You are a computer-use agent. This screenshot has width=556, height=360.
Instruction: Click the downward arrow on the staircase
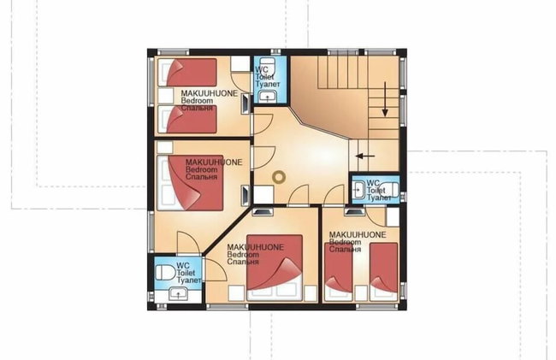[x=385, y=99]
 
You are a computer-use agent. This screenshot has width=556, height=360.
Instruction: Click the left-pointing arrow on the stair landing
[x=365, y=156]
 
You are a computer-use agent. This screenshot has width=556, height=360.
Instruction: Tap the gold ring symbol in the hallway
[x=279, y=177]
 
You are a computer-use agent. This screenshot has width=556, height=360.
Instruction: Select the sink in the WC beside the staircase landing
[x=359, y=191]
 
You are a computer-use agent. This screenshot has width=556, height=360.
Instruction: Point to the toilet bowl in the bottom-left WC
[x=165, y=273]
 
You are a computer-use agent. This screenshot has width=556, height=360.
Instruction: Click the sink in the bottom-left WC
[x=178, y=294]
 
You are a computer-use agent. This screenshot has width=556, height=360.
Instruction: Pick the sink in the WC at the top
[x=267, y=96]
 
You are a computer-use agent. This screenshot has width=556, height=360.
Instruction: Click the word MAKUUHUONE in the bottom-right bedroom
[x=358, y=234]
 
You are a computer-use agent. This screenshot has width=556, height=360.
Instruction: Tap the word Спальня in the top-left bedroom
[x=197, y=108]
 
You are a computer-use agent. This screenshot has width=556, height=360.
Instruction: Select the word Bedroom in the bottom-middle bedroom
[x=243, y=255]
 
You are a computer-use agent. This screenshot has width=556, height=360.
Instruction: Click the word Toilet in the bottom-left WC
[x=186, y=273]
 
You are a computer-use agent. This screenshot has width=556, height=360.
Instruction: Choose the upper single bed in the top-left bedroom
[x=187, y=73]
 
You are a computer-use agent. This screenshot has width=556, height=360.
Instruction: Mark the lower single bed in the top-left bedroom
[x=187, y=119]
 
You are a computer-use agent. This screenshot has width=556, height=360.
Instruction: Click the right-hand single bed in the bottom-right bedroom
[x=384, y=272]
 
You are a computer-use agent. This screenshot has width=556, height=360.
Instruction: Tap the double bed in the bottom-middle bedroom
[x=275, y=268]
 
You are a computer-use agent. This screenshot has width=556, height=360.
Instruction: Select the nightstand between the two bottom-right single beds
[x=361, y=293]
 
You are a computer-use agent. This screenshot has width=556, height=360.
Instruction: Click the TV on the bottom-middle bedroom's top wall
[x=263, y=212]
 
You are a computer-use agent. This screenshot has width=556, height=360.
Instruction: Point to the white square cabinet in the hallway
[x=263, y=194]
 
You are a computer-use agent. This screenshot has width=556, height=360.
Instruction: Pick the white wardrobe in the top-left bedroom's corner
[x=240, y=64]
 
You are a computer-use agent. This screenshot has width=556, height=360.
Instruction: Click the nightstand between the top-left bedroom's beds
[x=165, y=96]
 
